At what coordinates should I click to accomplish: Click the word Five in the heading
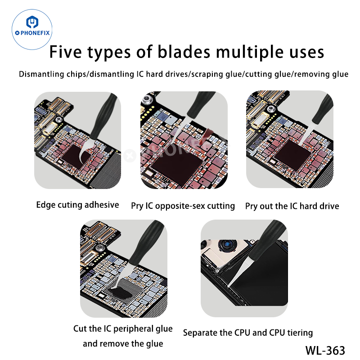coord(67,52)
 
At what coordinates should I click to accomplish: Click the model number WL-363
coord(325,350)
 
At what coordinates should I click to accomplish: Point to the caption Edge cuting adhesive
coord(77,205)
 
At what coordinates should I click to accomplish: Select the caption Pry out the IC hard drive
coord(292,206)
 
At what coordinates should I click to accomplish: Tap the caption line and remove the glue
coord(123,344)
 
